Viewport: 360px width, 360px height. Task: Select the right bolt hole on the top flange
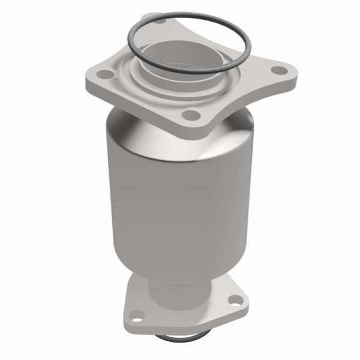coord(278,71)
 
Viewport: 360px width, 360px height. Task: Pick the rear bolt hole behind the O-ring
coord(161,22)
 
